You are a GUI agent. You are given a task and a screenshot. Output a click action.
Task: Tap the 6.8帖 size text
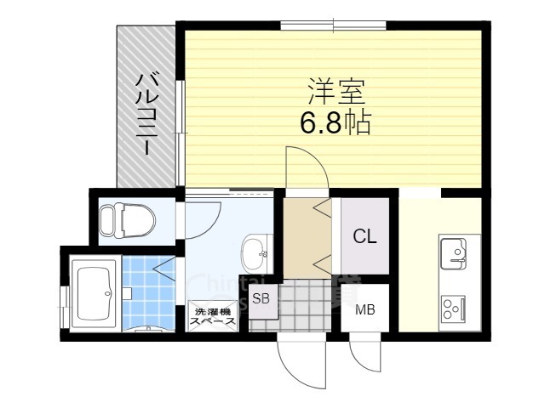point(334,124)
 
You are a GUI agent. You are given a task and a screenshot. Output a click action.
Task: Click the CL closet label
point(364,237)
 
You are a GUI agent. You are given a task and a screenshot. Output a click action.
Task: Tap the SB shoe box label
point(261,298)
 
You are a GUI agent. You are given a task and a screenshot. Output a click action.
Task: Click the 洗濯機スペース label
point(211,316)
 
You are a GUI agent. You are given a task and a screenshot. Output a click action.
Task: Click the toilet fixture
point(124,219)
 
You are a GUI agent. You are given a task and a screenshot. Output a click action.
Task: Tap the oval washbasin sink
point(254,251)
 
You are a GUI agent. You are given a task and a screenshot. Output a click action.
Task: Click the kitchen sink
point(453,252)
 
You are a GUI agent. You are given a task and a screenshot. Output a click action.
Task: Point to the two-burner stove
point(452,307)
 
